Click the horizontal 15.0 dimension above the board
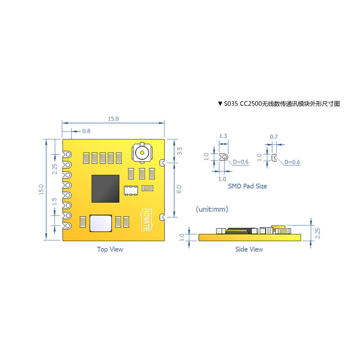pyautogui.click(x=113, y=119)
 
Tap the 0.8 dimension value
pyautogui.click(x=86, y=131)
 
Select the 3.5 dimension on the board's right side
pyautogui.click(x=180, y=151)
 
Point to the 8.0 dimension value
pyautogui.click(x=180, y=189)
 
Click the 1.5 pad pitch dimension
pyautogui.click(x=54, y=202)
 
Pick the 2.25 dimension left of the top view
pyautogui.click(x=54, y=169)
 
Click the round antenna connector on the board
pyautogui.click(x=142, y=152)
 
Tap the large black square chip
pyautogui.click(x=106, y=189)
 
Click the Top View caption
pyautogui.click(x=110, y=249)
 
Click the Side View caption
pyautogui.click(x=249, y=249)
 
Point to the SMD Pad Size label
pyautogui.click(x=247, y=186)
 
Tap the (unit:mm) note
pyautogui.click(x=212, y=209)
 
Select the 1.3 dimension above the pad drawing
pyautogui.click(x=223, y=136)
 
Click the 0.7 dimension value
pyautogui.click(x=274, y=136)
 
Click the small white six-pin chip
pyautogui.click(x=131, y=190)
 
